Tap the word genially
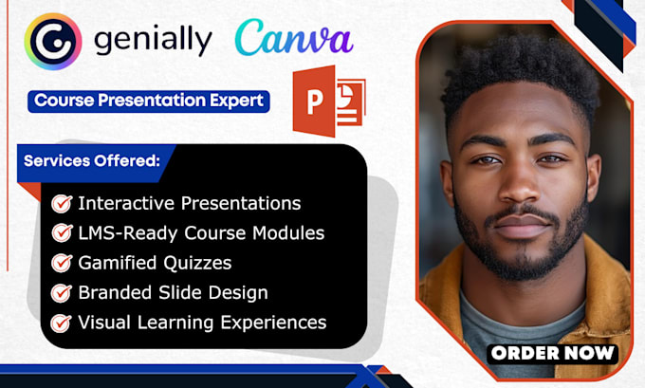[x=154, y=42]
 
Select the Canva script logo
[x=293, y=39]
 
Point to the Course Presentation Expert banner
[x=149, y=101]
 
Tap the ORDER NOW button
[x=553, y=353]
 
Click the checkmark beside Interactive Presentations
[x=63, y=203]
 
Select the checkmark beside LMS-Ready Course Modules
[x=63, y=232]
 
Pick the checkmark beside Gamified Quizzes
[x=63, y=263]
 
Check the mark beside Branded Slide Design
[x=63, y=293]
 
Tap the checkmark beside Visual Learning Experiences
[x=63, y=323]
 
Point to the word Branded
[x=113, y=292]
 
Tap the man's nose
[x=523, y=189]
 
